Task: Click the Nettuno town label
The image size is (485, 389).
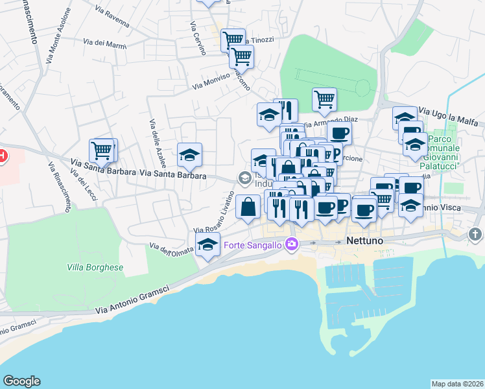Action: click(x=366, y=241)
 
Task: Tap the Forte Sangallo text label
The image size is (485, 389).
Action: click(x=253, y=244)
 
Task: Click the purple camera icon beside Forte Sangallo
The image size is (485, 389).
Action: click(x=292, y=244)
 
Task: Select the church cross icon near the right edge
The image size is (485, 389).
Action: click(x=475, y=234)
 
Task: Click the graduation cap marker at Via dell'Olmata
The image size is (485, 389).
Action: click(x=207, y=245)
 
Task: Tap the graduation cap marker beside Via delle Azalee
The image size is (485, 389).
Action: click(x=189, y=155)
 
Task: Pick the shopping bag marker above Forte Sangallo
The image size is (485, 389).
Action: click(x=248, y=207)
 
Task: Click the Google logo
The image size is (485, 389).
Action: click(x=21, y=381)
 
